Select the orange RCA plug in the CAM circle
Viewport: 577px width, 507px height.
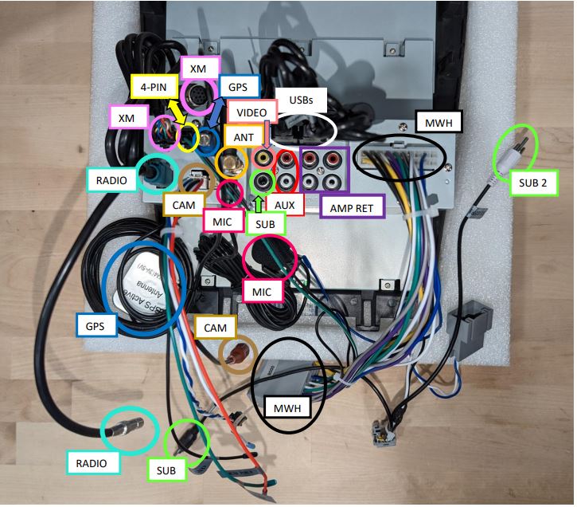pyautogui.click(x=237, y=352)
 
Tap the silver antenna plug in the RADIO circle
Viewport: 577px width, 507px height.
pyautogui.click(x=130, y=431)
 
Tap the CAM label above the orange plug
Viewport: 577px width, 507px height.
pyautogui.click(x=215, y=328)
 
